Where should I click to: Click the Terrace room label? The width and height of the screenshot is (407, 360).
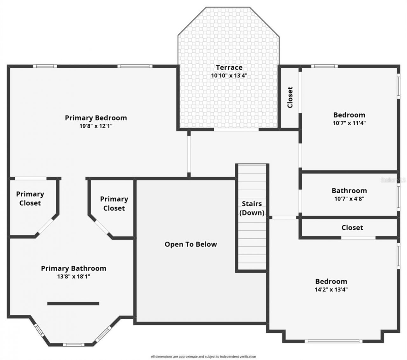click(229, 67)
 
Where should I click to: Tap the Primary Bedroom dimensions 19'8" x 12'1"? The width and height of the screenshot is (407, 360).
click(96, 126)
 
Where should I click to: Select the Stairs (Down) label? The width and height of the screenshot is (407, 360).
click(252, 208)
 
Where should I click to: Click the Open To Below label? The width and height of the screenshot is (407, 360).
click(190, 244)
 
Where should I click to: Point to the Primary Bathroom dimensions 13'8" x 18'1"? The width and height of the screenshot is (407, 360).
click(73, 277)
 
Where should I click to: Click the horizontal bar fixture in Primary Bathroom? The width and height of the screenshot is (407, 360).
click(73, 304)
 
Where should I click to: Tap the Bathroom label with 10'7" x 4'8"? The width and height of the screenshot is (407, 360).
click(349, 191)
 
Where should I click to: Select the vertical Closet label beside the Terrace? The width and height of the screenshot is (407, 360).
click(290, 97)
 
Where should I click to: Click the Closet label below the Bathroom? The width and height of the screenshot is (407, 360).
click(352, 228)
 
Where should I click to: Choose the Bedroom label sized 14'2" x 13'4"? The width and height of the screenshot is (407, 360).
click(331, 281)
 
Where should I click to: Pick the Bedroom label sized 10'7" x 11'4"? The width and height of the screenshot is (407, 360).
click(349, 115)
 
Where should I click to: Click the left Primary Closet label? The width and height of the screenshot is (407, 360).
click(30, 199)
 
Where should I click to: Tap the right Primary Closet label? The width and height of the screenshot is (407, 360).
click(114, 204)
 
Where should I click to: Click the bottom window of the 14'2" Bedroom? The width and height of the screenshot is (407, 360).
click(333, 341)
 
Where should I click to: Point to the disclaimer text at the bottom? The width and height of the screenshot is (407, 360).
click(203, 356)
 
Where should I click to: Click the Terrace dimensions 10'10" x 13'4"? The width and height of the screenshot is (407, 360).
click(229, 76)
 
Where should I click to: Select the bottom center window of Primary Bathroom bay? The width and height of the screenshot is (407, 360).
click(73, 345)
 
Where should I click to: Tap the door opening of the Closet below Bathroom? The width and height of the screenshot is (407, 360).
click(358, 238)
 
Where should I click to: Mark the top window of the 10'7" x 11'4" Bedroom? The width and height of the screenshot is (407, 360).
click(324, 67)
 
